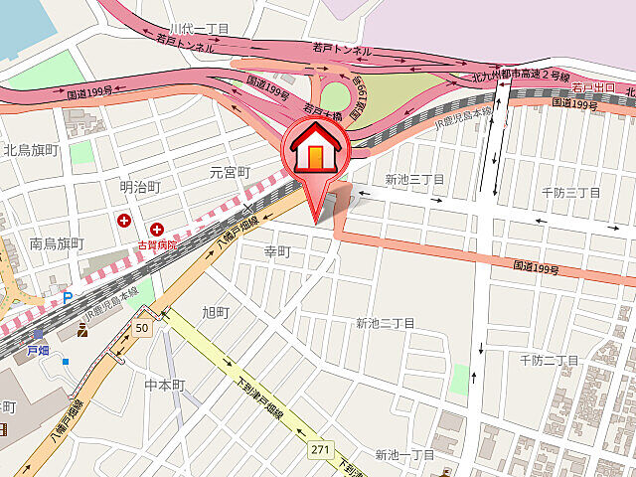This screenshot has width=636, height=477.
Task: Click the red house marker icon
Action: [x=315, y=149]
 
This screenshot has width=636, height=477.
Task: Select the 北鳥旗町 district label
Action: [x=33, y=151]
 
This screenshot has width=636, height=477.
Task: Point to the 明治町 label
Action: [x=140, y=186]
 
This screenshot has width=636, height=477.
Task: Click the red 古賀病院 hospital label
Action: [x=157, y=244]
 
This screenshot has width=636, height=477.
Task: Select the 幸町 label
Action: [x=275, y=252]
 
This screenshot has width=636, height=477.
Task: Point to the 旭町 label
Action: [x=215, y=312]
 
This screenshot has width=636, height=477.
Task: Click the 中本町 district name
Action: [x=165, y=385]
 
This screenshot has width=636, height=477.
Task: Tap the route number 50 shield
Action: [x=142, y=328]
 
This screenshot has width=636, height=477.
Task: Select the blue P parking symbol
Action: [x=68, y=296]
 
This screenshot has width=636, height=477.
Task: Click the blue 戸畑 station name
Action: [x=38, y=351]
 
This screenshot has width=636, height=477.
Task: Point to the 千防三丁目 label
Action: [x=570, y=192]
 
